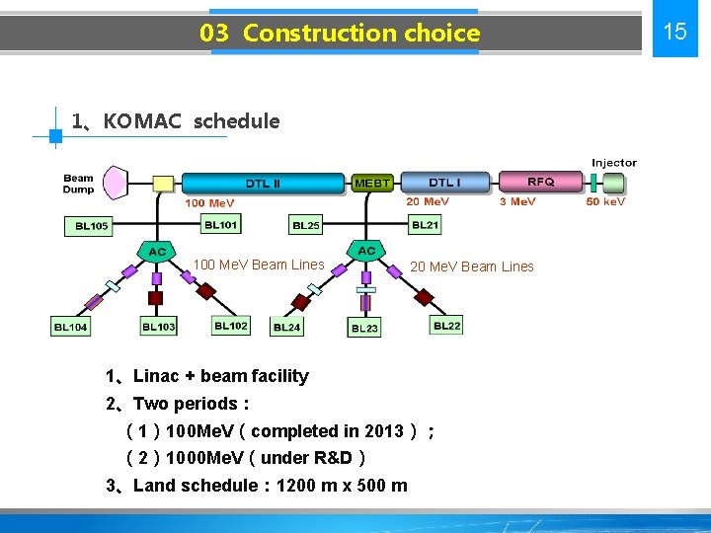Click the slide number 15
click(x=674, y=32)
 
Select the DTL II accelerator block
click(x=264, y=183)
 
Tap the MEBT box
click(x=372, y=183)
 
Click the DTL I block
click(x=444, y=182)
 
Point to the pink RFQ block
click(x=539, y=182)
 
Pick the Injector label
click(x=614, y=163)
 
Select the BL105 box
click(x=92, y=226)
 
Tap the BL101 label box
click(x=220, y=225)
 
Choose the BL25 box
click(x=306, y=225)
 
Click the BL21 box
click(x=425, y=225)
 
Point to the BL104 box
click(x=70, y=327)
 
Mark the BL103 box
click(x=158, y=327)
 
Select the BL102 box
click(x=231, y=326)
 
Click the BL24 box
click(x=286, y=327)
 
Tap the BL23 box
click(x=364, y=328)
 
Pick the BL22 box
click(x=446, y=326)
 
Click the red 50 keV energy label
click(x=605, y=201)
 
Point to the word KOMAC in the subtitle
click(x=142, y=121)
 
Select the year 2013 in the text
click(x=383, y=430)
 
